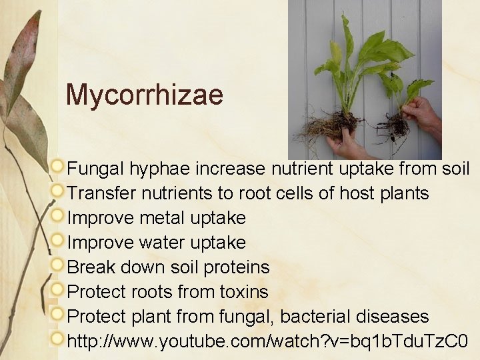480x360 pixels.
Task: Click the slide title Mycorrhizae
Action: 144,95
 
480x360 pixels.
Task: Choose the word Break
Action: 91,267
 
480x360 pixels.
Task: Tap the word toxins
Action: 244,292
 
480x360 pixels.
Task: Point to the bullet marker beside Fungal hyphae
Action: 59,167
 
